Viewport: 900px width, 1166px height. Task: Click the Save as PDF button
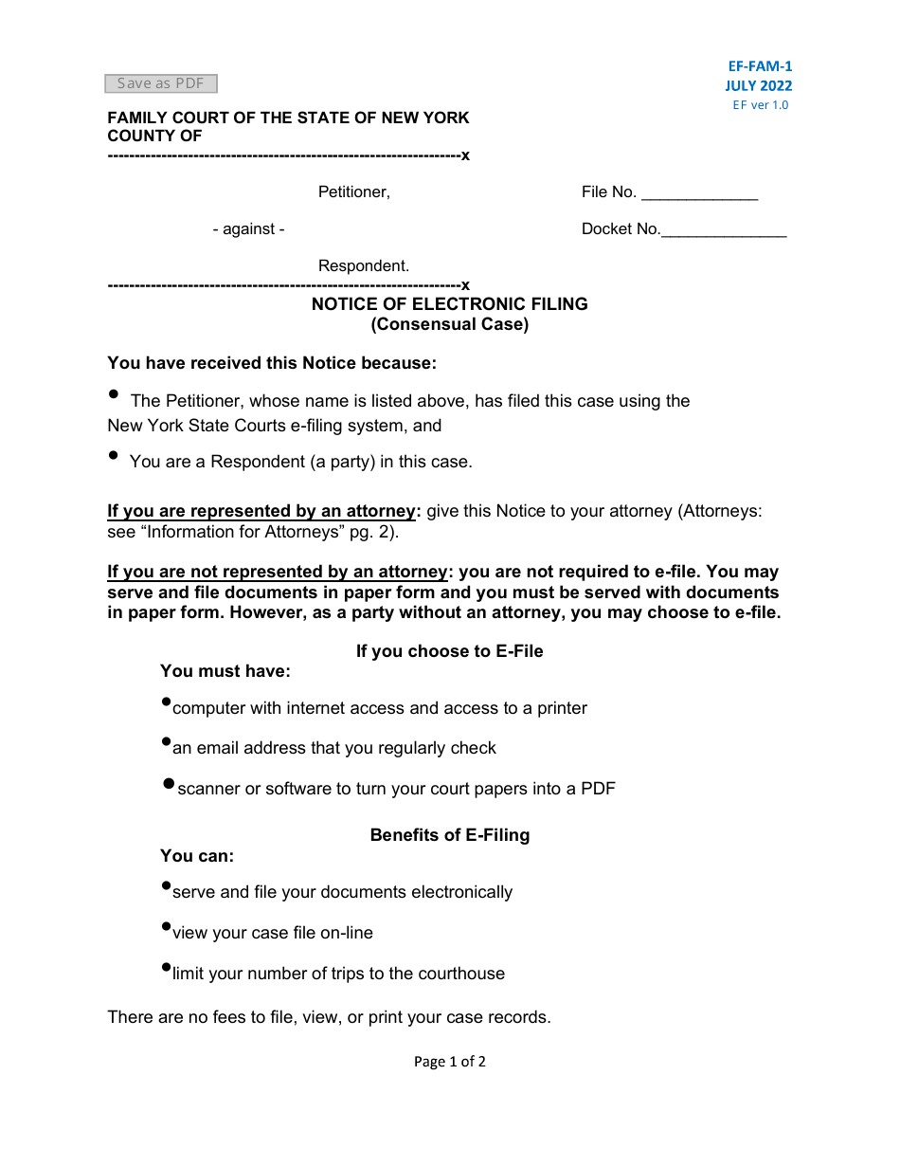(161, 83)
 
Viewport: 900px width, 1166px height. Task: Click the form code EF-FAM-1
(760, 66)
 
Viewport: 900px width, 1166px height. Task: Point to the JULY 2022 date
(759, 85)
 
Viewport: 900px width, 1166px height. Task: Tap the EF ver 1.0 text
(760, 105)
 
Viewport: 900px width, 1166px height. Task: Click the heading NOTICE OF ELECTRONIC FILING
(450, 304)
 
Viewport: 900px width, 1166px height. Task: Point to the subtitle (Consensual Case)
(450, 324)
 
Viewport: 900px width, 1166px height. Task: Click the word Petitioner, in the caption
(354, 192)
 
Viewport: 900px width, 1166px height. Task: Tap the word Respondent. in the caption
(364, 266)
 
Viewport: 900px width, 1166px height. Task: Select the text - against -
(248, 229)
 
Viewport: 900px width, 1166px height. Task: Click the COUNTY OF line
(154, 136)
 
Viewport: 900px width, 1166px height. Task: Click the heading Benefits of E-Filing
(450, 835)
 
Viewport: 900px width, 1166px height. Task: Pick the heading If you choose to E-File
(450, 651)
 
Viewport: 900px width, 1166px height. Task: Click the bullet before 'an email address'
(167, 742)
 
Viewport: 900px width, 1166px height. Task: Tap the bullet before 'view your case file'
(167, 926)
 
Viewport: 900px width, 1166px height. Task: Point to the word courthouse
(458, 974)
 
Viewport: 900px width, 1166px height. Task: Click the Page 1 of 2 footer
(450, 1062)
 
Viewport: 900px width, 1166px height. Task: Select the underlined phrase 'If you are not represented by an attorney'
(277, 573)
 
